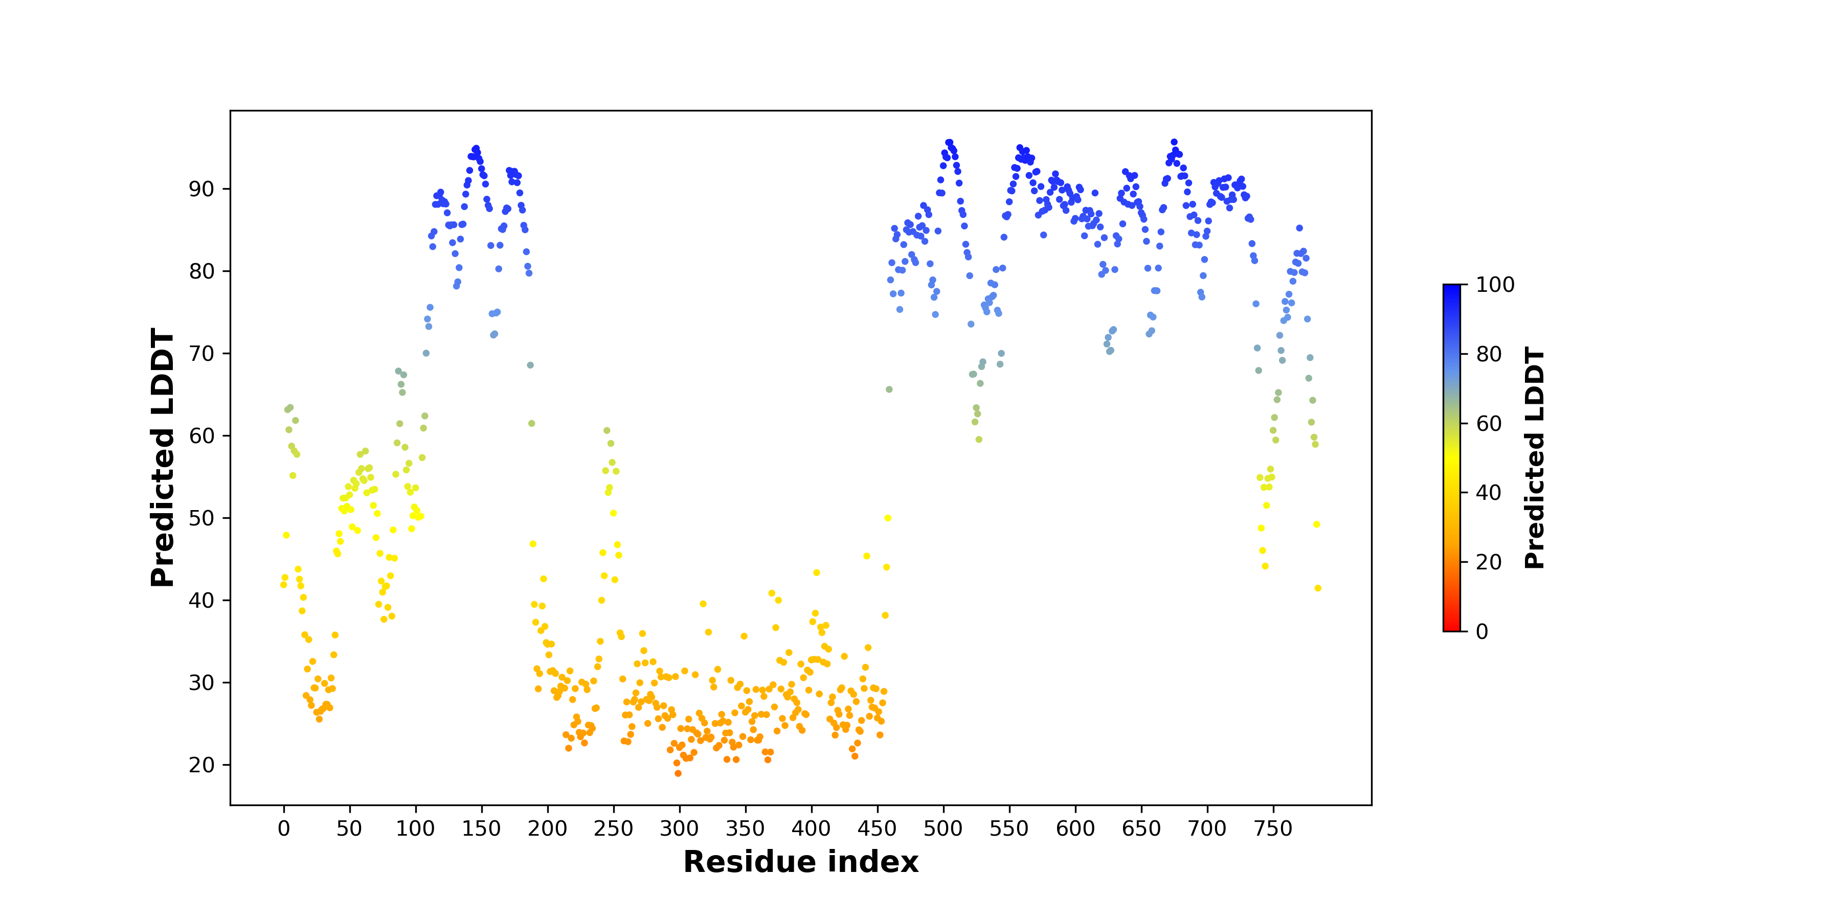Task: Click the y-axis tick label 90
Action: (x=201, y=189)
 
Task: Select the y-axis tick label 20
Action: (x=201, y=765)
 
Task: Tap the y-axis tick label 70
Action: (x=201, y=354)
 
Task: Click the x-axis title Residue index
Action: (x=800, y=862)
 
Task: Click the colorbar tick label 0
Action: (x=1482, y=631)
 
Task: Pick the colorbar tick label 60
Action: (x=1489, y=424)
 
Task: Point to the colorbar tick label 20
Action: (x=1489, y=562)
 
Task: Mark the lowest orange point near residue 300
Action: (x=678, y=773)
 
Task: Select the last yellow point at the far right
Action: (x=1318, y=588)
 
